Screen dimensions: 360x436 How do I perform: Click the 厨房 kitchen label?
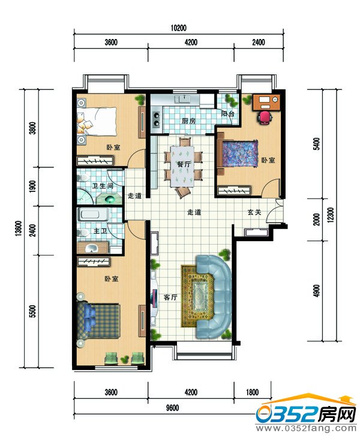tap(188, 121)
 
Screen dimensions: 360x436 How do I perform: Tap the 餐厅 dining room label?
tap(184, 164)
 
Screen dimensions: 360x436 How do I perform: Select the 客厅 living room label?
tap(170, 297)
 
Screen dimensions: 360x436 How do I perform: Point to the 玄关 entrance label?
tap(254, 212)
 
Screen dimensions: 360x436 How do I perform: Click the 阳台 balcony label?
tap(228, 113)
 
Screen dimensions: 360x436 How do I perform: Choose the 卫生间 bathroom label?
tap(103, 185)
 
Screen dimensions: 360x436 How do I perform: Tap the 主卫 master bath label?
tap(100, 231)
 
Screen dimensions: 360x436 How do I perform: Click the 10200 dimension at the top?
tap(178, 28)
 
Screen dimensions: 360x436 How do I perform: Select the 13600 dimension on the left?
tap(19, 228)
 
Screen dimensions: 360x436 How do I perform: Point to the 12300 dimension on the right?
tap(331, 215)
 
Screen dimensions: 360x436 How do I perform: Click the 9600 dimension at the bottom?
tap(172, 408)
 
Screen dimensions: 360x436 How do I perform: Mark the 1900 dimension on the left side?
tap(32, 187)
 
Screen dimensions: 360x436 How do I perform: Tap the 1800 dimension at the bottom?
tap(252, 392)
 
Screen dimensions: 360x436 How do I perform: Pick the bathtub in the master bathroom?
tap(93, 215)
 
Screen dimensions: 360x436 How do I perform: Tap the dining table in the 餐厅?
tap(182, 166)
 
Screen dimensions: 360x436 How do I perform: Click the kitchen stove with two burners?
tap(157, 119)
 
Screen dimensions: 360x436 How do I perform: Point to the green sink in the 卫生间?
tap(110, 199)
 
